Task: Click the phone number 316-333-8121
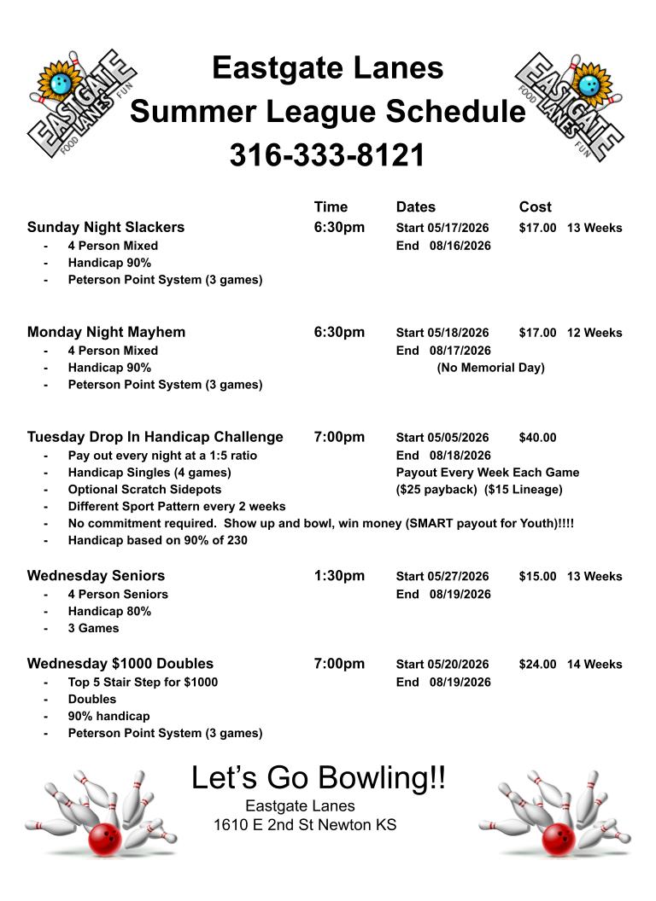(x=327, y=155)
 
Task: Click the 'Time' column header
(x=331, y=206)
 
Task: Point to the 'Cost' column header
(x=535, y=206)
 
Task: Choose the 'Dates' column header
(x=415, y=206)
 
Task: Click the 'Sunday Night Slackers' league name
(x=106, y=227)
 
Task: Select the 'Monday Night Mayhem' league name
(x=106, y=332)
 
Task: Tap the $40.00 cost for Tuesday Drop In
(x=537, y=438)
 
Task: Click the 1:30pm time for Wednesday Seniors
(x=339, y=576)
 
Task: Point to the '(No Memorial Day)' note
(x=490, y=368)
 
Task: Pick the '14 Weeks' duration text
(x=594, y=664)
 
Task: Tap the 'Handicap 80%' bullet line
(x=109, y=611)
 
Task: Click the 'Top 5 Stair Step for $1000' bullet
(x=143, y=682)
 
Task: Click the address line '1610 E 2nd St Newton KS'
(x=305, y=825)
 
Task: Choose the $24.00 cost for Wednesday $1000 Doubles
(x=537, y=664)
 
